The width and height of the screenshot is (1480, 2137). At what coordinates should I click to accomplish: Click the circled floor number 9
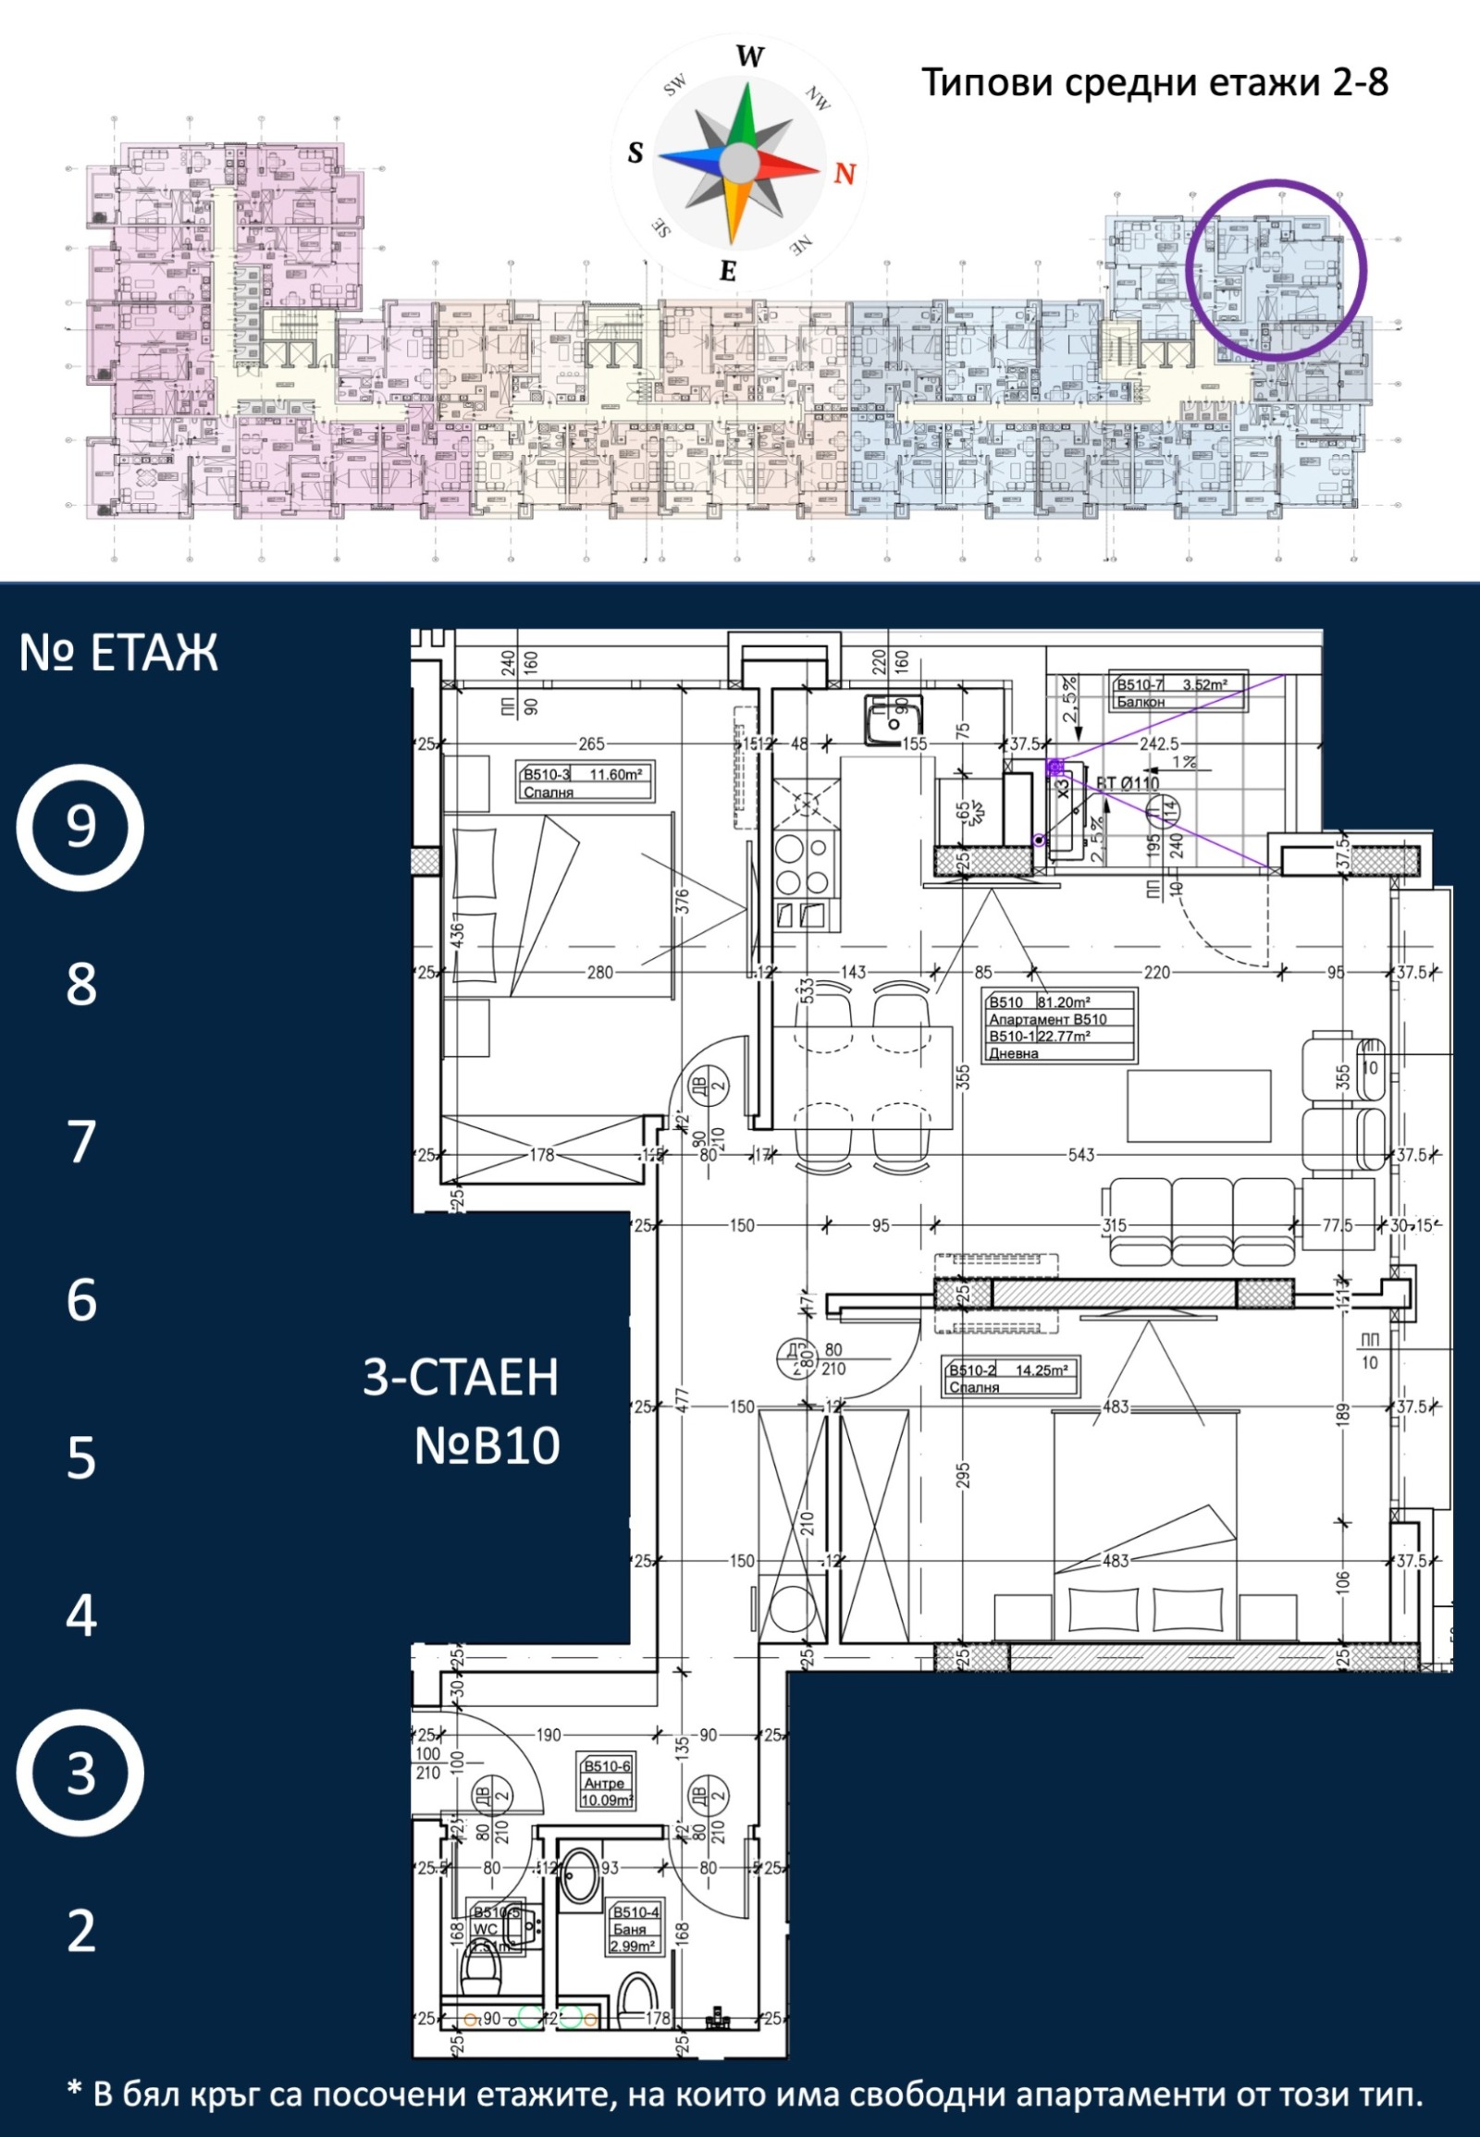click(80, 827)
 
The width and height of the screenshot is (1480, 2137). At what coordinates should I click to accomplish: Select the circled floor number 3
click(80, 1773)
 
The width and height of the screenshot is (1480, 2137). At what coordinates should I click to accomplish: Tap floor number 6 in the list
click(81, 1300)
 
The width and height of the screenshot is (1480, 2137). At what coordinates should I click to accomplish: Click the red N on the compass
click(844, 173)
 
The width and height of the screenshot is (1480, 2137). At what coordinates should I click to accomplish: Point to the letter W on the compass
click(749, 57)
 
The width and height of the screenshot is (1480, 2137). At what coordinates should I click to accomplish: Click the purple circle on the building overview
click(1276, 269)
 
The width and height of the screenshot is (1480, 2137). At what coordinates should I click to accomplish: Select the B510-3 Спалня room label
click(585, 782)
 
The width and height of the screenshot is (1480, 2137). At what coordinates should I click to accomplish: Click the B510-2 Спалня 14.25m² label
click(1011, 1378)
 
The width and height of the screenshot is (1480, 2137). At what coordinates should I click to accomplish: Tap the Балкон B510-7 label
click(1178, 693)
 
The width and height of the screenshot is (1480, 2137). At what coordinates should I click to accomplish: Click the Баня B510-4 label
click(635, 1927)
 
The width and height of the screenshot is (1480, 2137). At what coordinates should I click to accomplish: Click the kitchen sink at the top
click(892, 719)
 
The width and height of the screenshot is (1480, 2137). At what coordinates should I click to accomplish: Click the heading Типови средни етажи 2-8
click(1154, 82)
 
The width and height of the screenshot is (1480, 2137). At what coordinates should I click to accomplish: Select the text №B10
click(487, 1445)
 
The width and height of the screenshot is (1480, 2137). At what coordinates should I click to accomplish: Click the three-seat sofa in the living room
click(1202, 1221)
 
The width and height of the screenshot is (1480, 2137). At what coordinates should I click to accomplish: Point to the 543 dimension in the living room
click(1081, 1155)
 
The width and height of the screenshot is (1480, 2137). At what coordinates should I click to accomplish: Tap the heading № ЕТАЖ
click(118, 653)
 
